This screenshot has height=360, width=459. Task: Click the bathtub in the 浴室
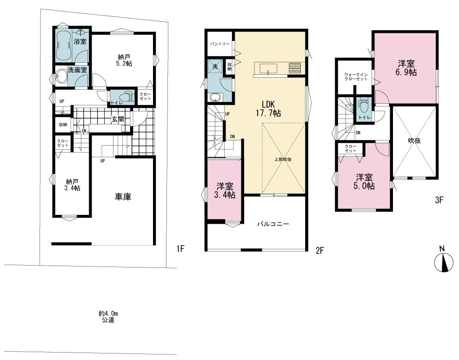(63, 45)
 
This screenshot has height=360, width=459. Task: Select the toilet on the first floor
(125, 97)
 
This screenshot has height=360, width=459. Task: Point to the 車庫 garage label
(123, 197)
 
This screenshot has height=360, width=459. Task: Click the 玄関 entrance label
(118, 119)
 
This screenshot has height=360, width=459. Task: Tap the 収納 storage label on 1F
(63, 125)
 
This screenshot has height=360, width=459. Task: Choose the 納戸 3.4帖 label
(72, 185)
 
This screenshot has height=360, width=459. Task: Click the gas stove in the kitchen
(294, 68)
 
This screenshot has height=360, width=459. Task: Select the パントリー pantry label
(220, 44)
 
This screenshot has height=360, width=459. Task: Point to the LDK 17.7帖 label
(268, 108)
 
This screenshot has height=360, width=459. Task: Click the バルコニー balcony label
(273, 224)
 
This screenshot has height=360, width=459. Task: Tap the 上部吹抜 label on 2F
(283, 160)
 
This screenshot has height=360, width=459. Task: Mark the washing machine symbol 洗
(215, 67)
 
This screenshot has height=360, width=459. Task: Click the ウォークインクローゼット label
(356, 77)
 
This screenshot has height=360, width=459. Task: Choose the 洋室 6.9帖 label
(406, 68)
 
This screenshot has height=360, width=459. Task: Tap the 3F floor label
(439, 200)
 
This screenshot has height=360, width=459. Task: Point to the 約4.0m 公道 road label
(108, 317)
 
